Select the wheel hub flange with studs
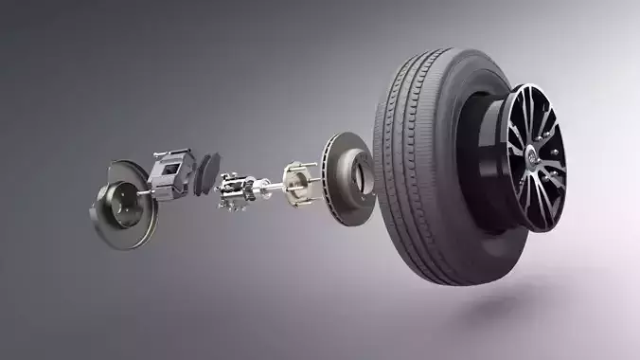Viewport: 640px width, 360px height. pyautogui.click(x=295, y=180)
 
